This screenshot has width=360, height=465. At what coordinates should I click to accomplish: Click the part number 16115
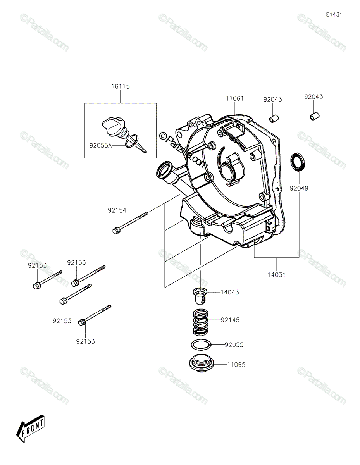[x=120, y=87]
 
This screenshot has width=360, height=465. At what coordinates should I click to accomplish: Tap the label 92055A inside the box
[x=100, y=146]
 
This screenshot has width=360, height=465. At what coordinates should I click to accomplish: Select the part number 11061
[x=235, y=99]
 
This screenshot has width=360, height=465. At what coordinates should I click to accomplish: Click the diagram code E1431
[x=334, y=15]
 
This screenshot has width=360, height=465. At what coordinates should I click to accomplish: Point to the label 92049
[x=299, y=189]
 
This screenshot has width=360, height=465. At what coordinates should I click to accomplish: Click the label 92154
[x=117, y=210]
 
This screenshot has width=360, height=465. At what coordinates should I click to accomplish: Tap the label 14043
[x=241, y=293]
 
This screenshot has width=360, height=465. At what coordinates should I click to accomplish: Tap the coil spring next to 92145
[x=202, y=322]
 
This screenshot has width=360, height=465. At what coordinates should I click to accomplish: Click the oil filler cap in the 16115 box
[x=111, y=127]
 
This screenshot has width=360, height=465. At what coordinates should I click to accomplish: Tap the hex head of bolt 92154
[x=115, y=231]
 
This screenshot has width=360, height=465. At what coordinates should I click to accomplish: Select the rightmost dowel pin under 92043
[x=314, y=115]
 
